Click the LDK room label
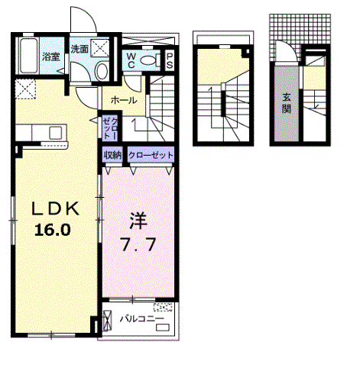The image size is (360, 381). pos(55,209)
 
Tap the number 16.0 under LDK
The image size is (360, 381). pos(53,231)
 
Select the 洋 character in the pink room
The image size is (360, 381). pos(138,221)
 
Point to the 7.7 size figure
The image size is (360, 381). pos(138,245)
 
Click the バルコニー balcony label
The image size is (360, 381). pos(142,318)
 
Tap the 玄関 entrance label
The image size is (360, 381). pos(287,103)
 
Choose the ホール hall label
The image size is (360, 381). pos(124,100)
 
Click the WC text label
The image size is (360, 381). pos(131,60)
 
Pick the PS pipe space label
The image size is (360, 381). pos(169,61)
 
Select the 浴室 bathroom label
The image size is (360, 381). pos(50,57)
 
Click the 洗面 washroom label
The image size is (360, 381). pos(79,49)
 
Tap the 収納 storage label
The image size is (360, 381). pos(112,155)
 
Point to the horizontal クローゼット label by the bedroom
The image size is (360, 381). pos(151,155)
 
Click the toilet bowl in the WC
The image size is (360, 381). pos(149,60)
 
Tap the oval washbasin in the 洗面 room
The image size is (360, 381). pos(102,71)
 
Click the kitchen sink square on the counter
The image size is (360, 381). pos(56,133)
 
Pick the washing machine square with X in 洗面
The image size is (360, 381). pos(100,47)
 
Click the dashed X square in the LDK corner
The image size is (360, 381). pos(25,89)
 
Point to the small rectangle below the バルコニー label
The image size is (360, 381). pos(163,328)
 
